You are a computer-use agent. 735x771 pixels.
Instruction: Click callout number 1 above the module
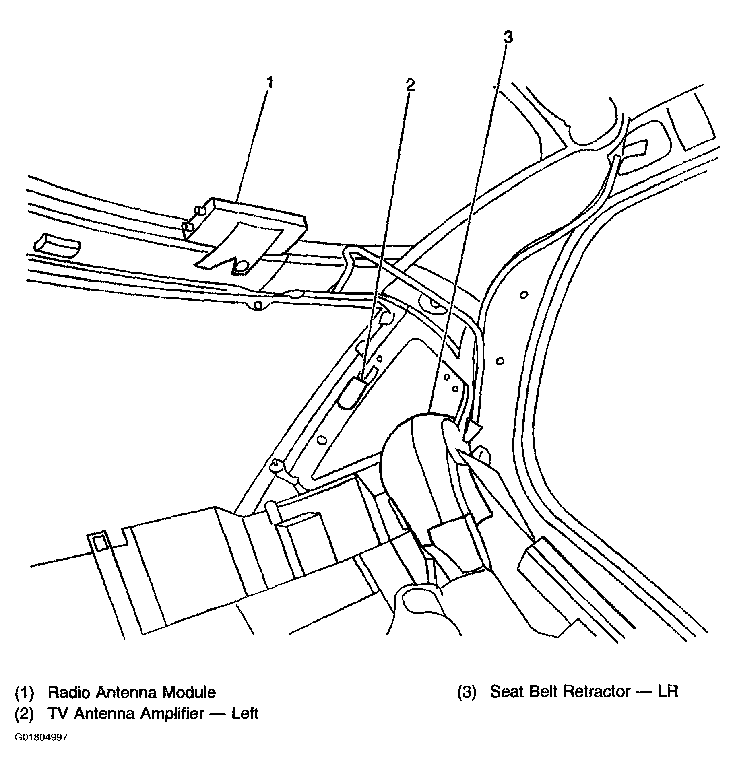point(270,83)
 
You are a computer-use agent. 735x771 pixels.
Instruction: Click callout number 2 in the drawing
point(409,85)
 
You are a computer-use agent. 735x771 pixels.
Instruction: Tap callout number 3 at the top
point(508,37)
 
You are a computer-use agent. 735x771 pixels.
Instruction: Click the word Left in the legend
point(245,714)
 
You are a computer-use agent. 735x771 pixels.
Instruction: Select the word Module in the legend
point(189,693)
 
